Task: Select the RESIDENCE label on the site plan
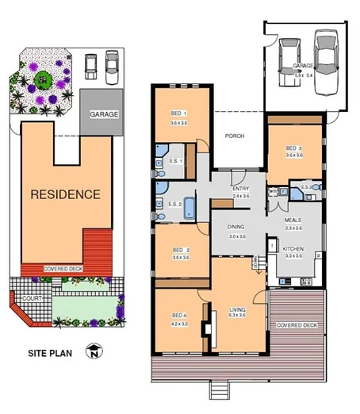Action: tap(65, 194)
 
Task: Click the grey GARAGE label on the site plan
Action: tap(104, 114)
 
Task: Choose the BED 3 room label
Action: tap(294, 148)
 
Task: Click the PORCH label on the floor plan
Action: tap(234, 136)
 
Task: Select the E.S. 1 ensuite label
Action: tap(176, 161)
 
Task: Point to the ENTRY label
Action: tap(240, 188)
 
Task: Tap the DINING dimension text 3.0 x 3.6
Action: tap(237, 236)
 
